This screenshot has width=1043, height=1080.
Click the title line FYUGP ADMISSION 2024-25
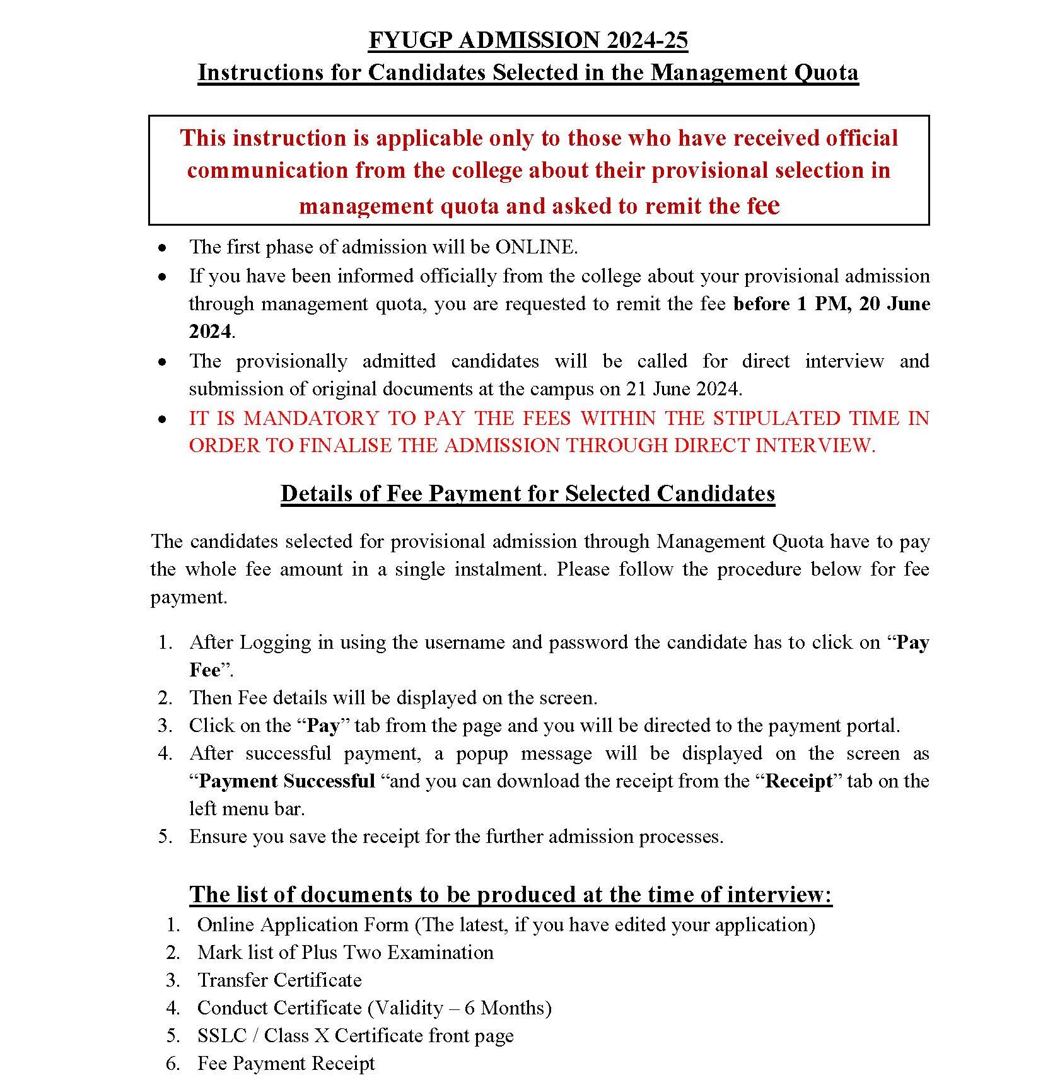(x=528, y=40)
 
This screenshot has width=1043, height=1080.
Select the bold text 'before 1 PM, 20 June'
(x=832, y=304)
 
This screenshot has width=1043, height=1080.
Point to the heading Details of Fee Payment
(x=528, y=493)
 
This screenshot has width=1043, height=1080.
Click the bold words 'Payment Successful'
(x=287, y=781)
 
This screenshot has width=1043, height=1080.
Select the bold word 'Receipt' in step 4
(x=798, y=781)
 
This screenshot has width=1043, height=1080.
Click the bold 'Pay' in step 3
(x=323, y=726)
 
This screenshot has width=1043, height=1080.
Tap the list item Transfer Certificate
(x=279, y=980)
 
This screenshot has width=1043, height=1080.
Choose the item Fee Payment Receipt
(x=286, y=1064)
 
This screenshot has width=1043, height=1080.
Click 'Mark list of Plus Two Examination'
(x=345, y=953)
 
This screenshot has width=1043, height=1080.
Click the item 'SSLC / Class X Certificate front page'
(x=355, y=1036)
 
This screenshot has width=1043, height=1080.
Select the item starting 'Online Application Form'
(x=506, y=925)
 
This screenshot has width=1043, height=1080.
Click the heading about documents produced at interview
(x=511, y=895)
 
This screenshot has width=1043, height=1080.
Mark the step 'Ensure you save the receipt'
(x=456, y=837)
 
